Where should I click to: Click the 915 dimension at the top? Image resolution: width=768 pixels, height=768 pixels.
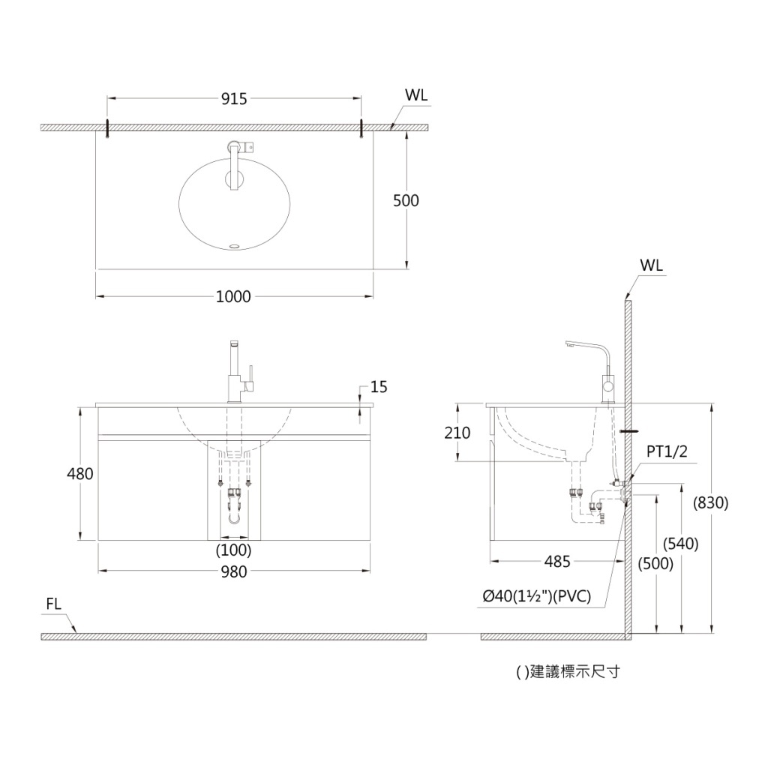pyautogui.click(x=234, y=99)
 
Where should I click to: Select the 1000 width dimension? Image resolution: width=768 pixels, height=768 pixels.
pyautogui.click(x=234, y=296)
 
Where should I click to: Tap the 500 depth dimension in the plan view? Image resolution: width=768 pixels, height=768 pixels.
pyautogui.click(x=406, y=200)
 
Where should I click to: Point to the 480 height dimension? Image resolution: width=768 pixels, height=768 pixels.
pyautogui.click(x=79, y=474)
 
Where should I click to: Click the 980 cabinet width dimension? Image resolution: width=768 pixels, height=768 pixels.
pyautogui.click(x=234, y=571)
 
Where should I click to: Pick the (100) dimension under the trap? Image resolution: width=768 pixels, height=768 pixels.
pyautogui.click(x=234, y=550)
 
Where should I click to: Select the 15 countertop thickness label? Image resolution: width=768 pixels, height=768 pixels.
pyautogui.click(x=379, y=387)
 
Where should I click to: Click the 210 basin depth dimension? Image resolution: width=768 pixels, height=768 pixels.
pyautogui.click(x=457, y=433)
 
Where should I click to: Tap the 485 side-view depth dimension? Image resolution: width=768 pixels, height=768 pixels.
pyautogui.click(x=557, y=561)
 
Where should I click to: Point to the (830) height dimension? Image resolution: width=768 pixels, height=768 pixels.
pyautogui.click(x=711, y=502)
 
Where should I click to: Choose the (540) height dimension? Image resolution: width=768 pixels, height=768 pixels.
pyautogui.click(x=681, y=543)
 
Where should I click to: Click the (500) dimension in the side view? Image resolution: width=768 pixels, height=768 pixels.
pyautogui.click(x=655, y=564)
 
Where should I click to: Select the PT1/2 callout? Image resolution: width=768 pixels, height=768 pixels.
pyautogui.click(x=667, y=451)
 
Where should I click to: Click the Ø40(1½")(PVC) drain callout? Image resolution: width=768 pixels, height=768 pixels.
pyautogui.click(x=537, y=596)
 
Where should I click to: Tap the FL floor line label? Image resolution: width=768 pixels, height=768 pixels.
pyautogui.click(x=53, y=604)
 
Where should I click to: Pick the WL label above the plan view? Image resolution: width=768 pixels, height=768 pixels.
pyautogui.click(x=416, y=95)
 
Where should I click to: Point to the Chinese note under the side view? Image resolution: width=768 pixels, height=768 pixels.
pyautogui.click(x=568, y=671)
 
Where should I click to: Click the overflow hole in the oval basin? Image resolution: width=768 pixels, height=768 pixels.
pyautogui.click(x=235, y=245)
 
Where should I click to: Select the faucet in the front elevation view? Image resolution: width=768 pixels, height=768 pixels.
pyautogui.click(x=239, y=372)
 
